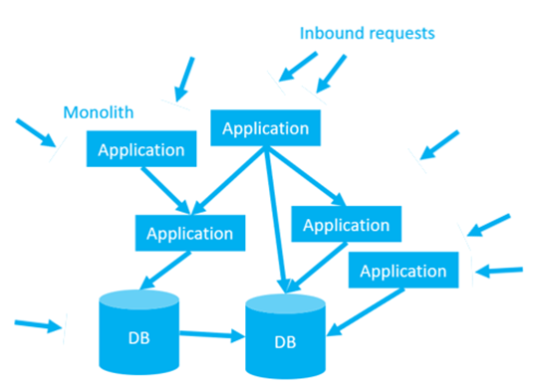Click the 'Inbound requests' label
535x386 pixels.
(x=368, y=33)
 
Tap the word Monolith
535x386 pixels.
(x=97, y=111)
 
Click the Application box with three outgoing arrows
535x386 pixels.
(x=266, y=128)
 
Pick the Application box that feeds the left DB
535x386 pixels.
(x=189, y=234)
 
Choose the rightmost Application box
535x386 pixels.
(x=402, y=270)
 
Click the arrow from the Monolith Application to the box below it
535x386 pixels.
(x=161, y=190)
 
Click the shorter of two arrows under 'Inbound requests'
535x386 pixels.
(x=296, y=67)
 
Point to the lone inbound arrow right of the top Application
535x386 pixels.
(x=438, y=144)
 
